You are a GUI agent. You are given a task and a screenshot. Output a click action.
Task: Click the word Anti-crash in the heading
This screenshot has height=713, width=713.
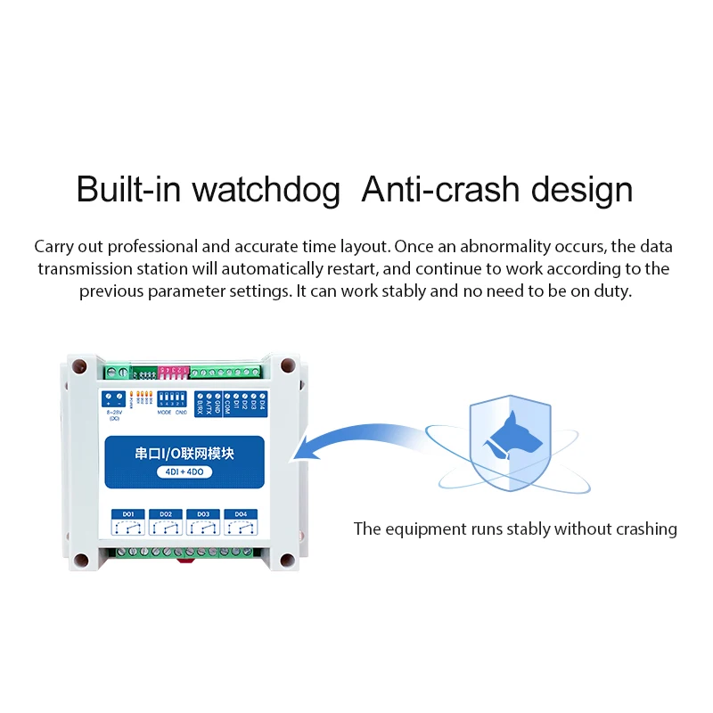pos(441,190)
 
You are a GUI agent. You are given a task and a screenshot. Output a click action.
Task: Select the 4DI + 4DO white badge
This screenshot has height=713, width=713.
pos(184,472)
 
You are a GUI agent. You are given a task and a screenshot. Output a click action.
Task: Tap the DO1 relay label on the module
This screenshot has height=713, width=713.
pos(127,514)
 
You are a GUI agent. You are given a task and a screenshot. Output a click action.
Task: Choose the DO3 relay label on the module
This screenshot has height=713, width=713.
pos(203,514)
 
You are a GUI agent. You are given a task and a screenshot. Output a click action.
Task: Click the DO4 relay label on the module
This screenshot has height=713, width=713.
pos(241,514)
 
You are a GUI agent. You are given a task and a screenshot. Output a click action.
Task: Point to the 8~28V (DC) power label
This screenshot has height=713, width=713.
pos(113,415)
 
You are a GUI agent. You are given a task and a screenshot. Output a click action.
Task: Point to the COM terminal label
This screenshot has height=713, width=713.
pos(227,405)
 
